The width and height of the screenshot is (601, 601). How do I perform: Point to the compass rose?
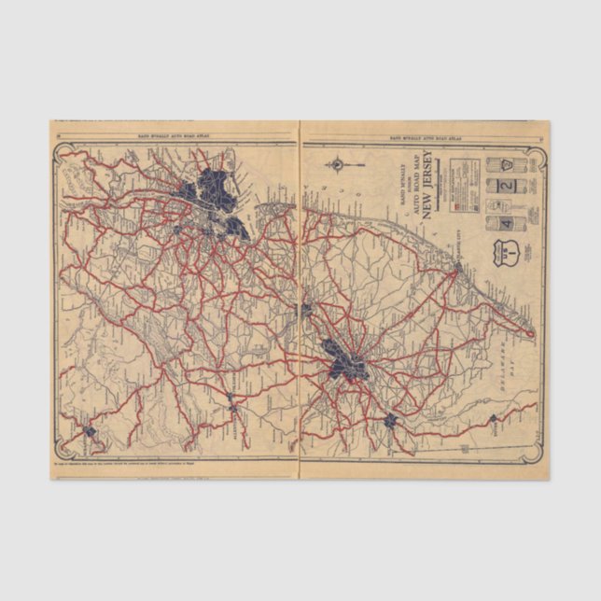(x=336, y=166)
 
